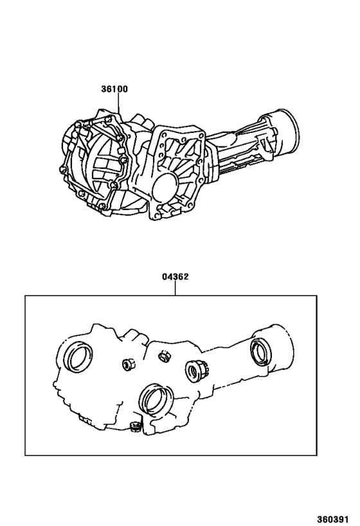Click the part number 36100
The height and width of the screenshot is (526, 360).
(114, 89)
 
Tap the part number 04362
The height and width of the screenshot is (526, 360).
(175, 277)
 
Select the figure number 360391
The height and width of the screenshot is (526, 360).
(333, 519)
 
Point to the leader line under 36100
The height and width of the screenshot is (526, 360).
(118, 102)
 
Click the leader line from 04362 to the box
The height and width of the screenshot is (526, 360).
(175, 288)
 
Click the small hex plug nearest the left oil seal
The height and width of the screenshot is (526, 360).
(128, 364)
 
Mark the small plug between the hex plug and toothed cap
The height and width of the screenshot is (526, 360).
(164, 356)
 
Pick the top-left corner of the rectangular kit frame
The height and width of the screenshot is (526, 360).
(25, 295)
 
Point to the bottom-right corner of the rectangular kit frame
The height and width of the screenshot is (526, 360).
(316, 455)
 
